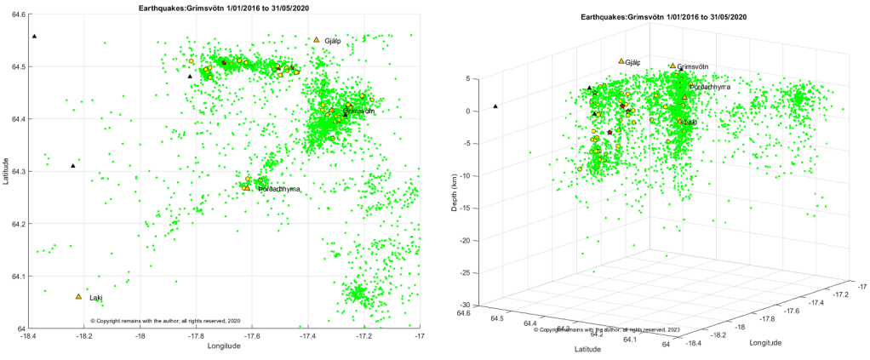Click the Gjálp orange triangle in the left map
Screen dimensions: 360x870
pos(316,40)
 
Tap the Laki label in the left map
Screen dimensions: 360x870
pos(96,298)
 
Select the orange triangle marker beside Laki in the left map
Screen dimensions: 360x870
pos(78,296)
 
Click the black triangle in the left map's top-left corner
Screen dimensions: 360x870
pos(34,37)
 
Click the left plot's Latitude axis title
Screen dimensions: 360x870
pos(7,171)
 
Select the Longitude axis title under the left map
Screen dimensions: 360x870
pos(224,346)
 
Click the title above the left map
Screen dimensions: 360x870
pos(224,6)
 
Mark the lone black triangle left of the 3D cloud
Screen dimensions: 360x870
pos(495,106)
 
